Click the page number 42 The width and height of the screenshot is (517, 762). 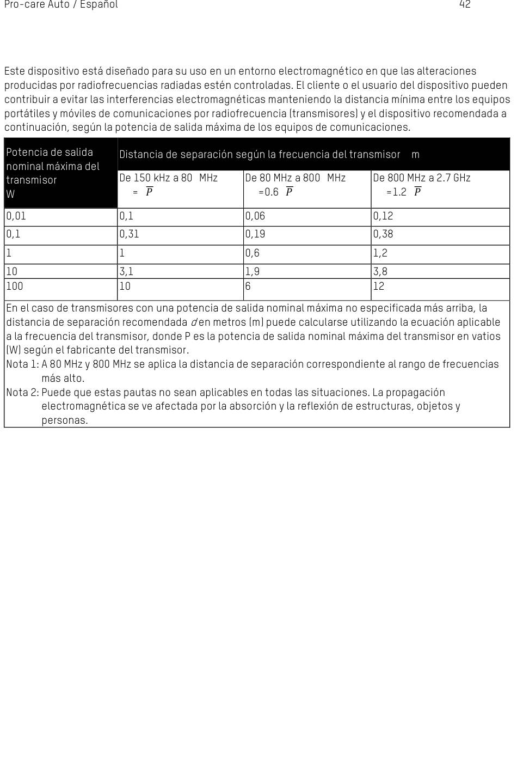click(x=465, y=5)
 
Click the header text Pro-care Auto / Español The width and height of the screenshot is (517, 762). click(x=61, y=5)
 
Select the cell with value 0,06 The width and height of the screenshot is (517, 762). click(x=255, y=216)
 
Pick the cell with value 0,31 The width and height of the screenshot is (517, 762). click(x=130, y=234)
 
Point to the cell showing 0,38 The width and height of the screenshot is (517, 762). click(x=383, y=234)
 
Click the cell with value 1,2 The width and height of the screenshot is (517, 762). click(x=380, y=253)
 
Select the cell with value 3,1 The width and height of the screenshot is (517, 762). click(x=127, y=271)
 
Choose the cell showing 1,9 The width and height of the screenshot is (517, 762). click(x=253, y=271)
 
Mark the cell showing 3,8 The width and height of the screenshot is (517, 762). click(x=380, y=271)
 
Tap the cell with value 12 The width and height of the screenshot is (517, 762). click(x=379, y=286)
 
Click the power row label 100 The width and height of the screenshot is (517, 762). click(x=15, y=286)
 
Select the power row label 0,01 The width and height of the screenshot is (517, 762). click(x=16, y=216)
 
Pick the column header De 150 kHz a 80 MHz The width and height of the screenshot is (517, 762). click(x=168, y=178)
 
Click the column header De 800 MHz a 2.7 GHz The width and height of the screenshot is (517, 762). click(x=422, y=178)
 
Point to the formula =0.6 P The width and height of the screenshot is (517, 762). click(x=275, y=192)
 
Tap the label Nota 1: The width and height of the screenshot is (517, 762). click(x=22, y=364)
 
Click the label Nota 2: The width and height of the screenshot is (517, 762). click(x=22, y=393)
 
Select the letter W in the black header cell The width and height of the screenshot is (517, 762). click(x=10, y=194)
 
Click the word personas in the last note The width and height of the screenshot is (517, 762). click(x=64, y=420)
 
